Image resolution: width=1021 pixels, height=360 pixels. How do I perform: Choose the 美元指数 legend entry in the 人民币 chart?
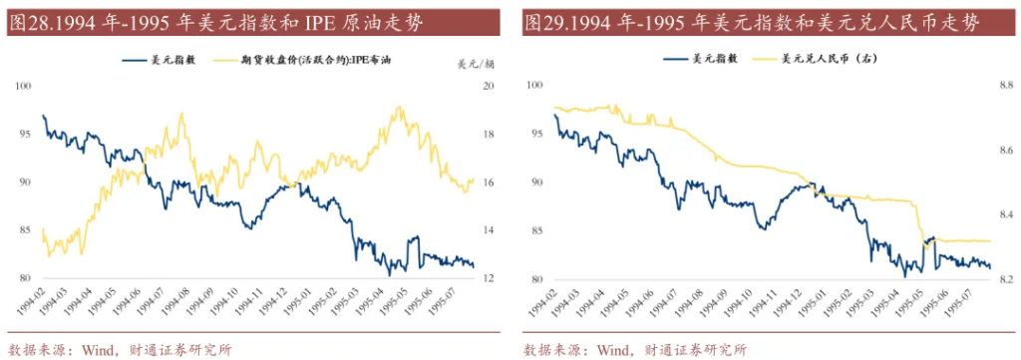pos(702,60)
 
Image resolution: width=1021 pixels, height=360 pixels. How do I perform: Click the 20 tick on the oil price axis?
pos(489,87)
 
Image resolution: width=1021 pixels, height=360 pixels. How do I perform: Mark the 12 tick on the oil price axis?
pos(489,278)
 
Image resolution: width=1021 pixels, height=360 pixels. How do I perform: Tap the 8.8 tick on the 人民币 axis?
pos(1004,87)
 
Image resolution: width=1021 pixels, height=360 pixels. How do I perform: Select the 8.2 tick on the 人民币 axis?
pos(1004,278)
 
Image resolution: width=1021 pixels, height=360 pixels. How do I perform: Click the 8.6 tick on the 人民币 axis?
pos(1004,151)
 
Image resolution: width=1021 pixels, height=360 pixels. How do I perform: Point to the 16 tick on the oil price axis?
pos(489,182)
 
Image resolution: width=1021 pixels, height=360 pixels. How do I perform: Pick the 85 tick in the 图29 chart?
pos(538,231)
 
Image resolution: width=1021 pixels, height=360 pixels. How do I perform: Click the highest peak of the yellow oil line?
pos(400,107)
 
